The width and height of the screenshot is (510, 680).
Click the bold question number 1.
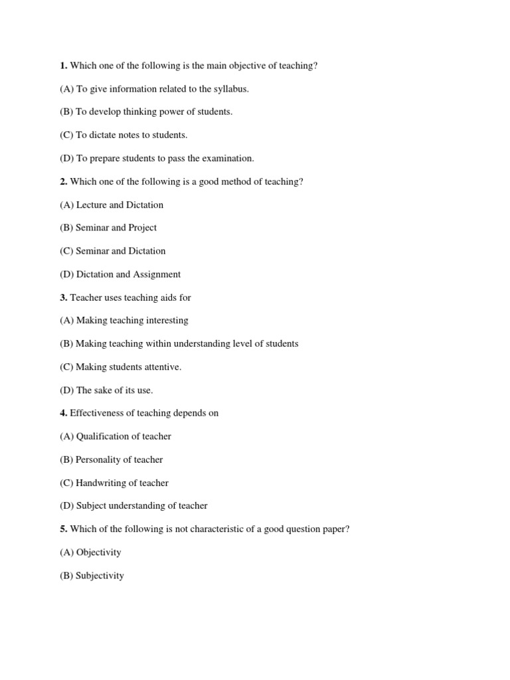coord(63,66)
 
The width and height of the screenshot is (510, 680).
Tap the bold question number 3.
coord(63,297)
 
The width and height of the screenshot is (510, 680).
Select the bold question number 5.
coord(63,529)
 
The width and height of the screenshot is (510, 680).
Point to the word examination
coord(228,159)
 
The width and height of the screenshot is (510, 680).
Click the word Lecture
coord(91,205)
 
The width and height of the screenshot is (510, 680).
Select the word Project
coord(143,228)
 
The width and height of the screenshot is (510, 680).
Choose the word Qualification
coord(104,436)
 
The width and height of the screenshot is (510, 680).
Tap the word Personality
coord(99,460)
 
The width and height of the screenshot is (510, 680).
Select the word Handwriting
coord(103,483)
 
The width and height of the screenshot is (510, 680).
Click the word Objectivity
coord(99,552)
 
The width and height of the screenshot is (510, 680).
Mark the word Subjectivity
coord(100,576)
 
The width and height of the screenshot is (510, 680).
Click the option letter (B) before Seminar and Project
coord(66,228)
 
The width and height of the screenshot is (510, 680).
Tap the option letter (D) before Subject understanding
coord(66,506)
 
